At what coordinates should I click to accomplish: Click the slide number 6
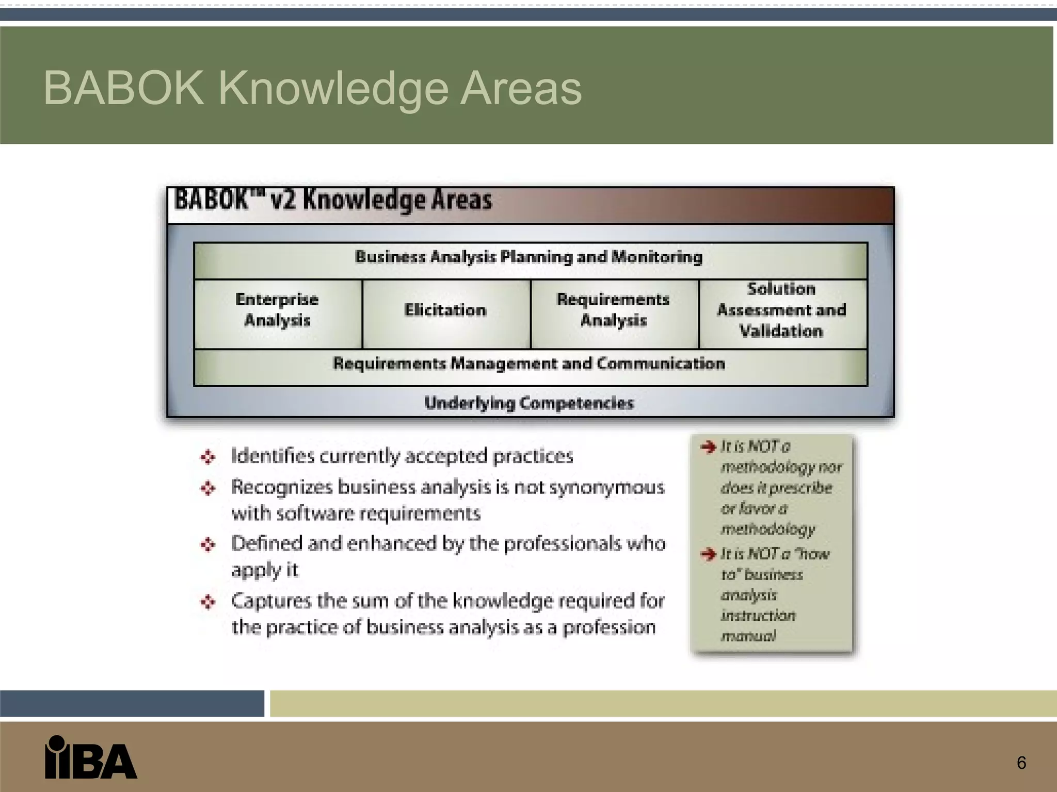tap(1021, 763)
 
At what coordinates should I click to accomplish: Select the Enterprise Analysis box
tap(278, 310)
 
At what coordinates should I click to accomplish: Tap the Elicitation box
tap(445, 310)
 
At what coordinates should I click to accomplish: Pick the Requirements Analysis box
tap(614, 310)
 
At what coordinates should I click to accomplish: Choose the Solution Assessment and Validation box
tap(782, 310)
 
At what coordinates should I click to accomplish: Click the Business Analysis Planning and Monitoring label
tap(529, 257)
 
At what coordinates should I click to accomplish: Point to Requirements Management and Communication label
tap(529, 364)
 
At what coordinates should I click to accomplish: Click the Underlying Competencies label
tap(529, 403)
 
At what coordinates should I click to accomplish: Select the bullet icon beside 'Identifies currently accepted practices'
tap(208, 457)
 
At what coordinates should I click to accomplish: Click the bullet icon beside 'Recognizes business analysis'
tap(208, 488)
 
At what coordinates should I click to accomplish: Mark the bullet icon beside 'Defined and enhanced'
tap(208, 544)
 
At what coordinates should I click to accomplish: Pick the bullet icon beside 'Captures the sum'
tap(208, 602)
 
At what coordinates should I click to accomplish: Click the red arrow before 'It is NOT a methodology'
tap(709, 447)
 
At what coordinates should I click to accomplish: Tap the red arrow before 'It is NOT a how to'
tap(709, 554)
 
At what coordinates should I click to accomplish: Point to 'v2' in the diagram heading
tap(283, 200)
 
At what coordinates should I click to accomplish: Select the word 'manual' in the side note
tap(748, 636)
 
